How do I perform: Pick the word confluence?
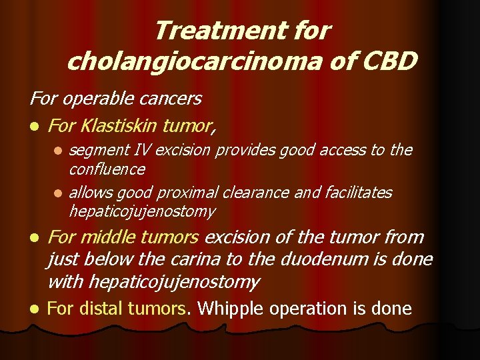pos(107,169)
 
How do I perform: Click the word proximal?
pos(189,193)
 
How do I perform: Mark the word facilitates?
pos(359,193)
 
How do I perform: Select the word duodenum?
pos(349,259)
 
